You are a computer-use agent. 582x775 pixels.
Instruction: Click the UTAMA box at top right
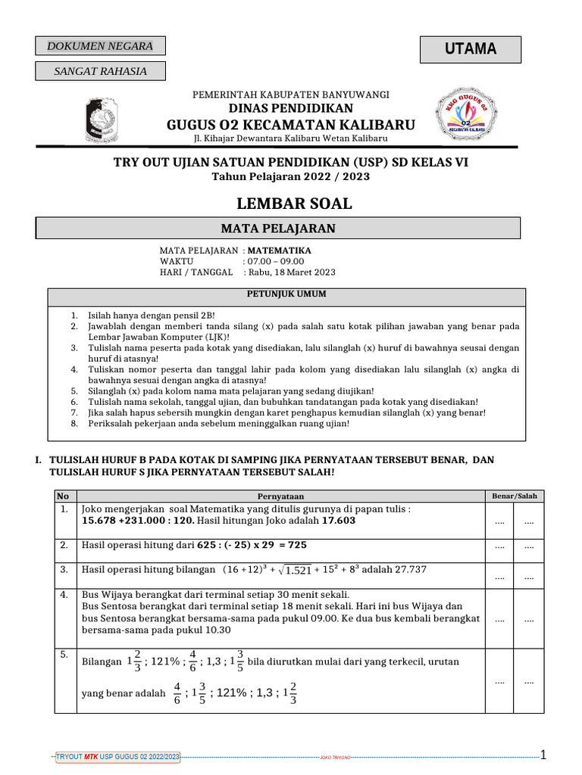[471, 49]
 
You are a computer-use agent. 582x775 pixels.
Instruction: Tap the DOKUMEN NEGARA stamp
[100, 46]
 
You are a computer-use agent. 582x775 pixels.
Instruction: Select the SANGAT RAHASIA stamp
[100, 72]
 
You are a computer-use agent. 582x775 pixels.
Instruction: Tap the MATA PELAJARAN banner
[278, 228]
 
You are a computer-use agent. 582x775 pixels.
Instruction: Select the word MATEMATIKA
[280, 250]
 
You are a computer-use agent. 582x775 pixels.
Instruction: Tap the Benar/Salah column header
[514, 496]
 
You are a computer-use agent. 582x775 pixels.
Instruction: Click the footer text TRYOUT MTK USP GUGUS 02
[117, 757]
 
